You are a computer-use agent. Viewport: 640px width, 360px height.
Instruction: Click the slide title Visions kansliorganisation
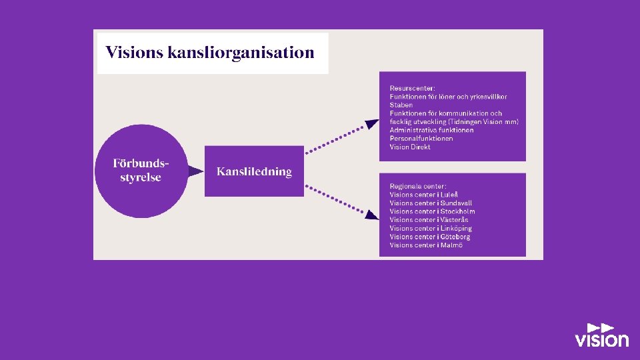[210, 53]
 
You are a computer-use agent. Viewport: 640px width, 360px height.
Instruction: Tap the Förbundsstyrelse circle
[140, 171]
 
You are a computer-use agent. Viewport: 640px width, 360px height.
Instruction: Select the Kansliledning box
[254, 171]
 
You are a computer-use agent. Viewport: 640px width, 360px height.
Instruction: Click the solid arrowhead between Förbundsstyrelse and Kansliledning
[195, 171]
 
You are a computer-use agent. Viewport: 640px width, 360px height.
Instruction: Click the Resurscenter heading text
[412, 88]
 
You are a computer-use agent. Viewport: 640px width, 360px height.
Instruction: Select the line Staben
[401, 105]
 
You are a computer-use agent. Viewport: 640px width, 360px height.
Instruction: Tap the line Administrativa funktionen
[431, 130]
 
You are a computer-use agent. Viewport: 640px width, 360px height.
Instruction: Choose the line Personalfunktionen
[421, 139]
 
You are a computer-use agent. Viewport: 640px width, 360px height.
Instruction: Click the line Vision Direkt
[410, 147]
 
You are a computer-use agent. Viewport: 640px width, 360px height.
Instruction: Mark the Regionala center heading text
[418, 186]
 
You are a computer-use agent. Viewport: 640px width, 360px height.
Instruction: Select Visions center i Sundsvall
[431, 203]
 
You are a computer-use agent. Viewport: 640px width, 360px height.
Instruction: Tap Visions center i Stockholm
[432, 211]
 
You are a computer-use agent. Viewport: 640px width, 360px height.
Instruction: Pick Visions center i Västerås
[429, 220]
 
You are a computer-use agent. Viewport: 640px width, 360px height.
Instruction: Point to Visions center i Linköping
[430, 229]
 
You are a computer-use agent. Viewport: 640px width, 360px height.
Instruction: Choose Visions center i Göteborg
[429, 237]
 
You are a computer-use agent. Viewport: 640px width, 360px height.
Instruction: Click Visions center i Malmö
[426, 245]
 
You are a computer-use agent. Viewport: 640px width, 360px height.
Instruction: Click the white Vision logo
[601, 335]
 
